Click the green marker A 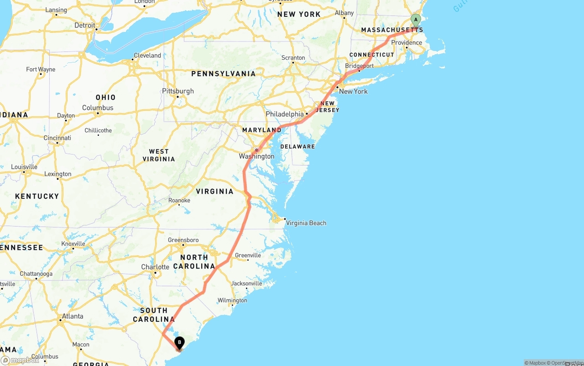point(416,20)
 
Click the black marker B point(180,342)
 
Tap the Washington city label point(257,156)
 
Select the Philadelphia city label point(285,114)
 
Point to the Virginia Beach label point(306,223)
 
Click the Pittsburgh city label point(178,91)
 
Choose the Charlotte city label point(155,267)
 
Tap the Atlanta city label point(73,316)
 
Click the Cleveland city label point(147,56)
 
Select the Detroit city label point(85,26)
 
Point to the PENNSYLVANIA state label point(224,74)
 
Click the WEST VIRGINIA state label point(159,155)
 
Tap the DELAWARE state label point(297,147)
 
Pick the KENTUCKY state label point(37,196)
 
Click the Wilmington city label point(232,300)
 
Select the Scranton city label point(293,58)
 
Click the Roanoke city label point(179,201)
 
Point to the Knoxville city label point(73,244)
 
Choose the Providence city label point(407,43)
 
